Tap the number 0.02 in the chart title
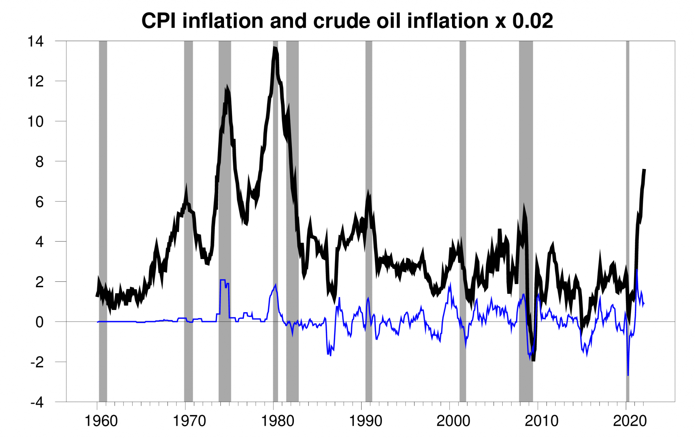point(532,21)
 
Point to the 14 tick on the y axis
point(36,41)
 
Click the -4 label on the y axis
point(37,402)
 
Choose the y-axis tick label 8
point(39,162)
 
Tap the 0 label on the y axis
point(39,322)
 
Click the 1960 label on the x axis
point(101,421)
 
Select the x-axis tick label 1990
point(365,421)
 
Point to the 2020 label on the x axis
point(630,421)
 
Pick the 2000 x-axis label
point(453,421)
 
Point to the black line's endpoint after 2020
point(644,170)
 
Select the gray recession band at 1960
point(103,220)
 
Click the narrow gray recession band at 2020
point(627,220)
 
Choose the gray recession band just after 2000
point(463,220)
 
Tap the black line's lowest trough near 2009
point(533,360)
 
